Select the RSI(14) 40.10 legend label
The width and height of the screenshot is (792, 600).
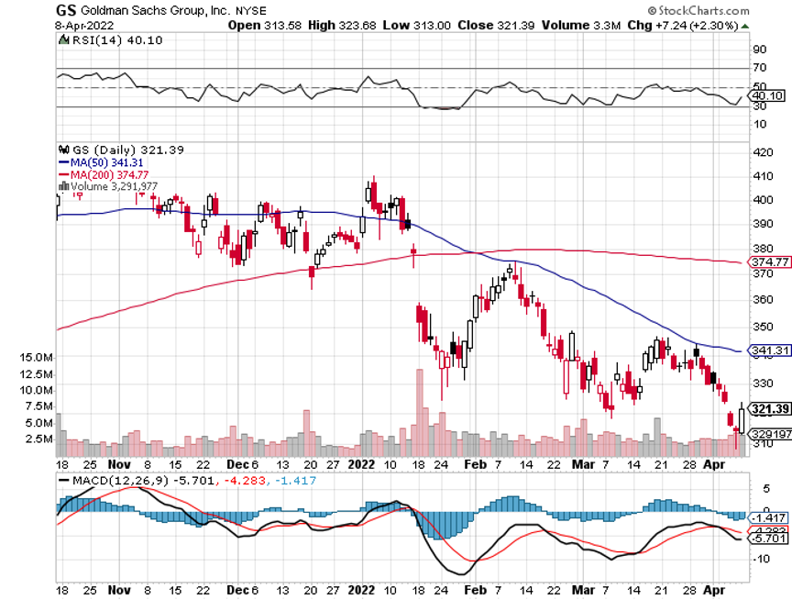coord(102,40)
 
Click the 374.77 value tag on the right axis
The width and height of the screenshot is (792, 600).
coord(768,262)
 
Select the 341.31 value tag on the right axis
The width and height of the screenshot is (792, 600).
coord(768,350)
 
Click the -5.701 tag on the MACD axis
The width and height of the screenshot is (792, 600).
coord(768,539)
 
